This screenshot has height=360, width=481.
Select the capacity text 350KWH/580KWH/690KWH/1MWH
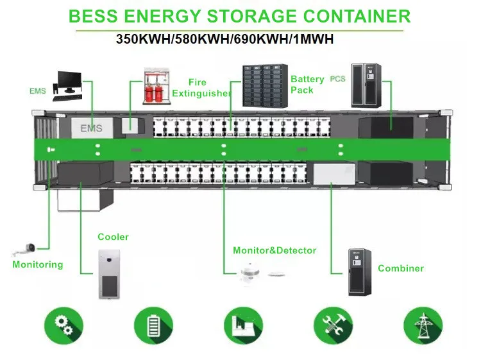click(x=224, y=39)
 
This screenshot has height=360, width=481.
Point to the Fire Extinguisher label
click(x=201, y=88)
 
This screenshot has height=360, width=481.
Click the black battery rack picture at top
click(x=264, y=85)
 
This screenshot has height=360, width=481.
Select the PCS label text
click(x=337, y=79)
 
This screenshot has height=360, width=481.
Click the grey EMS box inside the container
click(x=91, y=128)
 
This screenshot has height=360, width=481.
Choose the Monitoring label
click(x=38, y=264)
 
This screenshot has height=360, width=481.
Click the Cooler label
click(x=113, y=237)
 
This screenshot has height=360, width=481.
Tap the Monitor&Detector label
click(x=274, y=250)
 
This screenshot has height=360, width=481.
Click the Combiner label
click(x=401, y=268)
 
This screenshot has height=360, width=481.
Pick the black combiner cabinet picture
click(x=360, y=272)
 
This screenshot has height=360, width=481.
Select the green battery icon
click(x=153, y=325)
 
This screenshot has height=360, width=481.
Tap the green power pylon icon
click(x=423, y=325)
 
